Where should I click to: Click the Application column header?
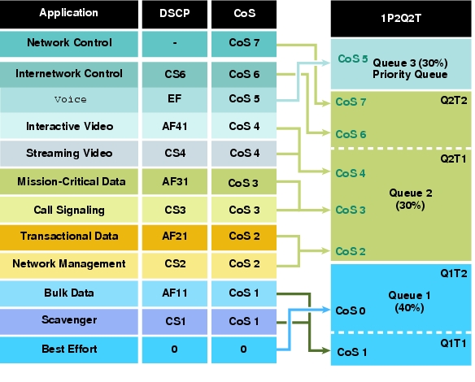pyautogui.click(x=69, y=15)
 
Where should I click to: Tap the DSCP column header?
pyautogui.click(x=175, y=15)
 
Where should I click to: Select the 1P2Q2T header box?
pyautogui.click(x=401, y=19)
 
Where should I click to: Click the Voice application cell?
pyautogui.click(x=69, y=100)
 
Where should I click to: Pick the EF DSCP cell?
pyautogui.click(x=175, y=100)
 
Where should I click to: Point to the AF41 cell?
pyautogui.click(x=175, y=126)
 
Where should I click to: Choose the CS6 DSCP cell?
pyautogui.click(x=175, y=75)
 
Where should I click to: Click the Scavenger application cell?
pyautogui.click(x=69, y=321)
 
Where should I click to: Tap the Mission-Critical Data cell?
pyautogui.click(x=69, y=181)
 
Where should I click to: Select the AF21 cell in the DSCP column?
pyautogui.click(x=175, y=237)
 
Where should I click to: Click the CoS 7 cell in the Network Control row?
pyautogui.click(x=244, y=44)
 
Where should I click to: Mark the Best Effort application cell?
pyautogui.click(x=69, y=349)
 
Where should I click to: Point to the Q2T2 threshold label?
pyautogui.click(x=454, y=100)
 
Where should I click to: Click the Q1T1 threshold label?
pyautogui.click(x=453, y=343)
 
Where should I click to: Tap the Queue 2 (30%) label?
pyautogui.click(x=411, y=199)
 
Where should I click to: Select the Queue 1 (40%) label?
pyautogui.click(x=410, y=302)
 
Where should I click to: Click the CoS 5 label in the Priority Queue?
pyautogui.click(x=353, y=59)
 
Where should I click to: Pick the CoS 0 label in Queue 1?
pyautogui.click(x=351, y=310)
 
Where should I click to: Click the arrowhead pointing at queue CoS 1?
pyautogui.click(x=327, y=351)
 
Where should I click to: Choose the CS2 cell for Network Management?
pyautogui.click(x=175, y=264)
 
